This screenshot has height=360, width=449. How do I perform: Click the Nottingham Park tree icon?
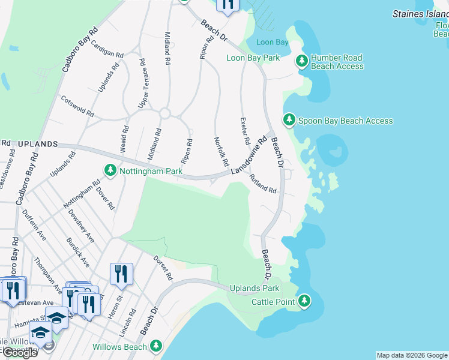(x=110, y=171)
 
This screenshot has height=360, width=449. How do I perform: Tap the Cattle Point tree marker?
(x=305, y=301)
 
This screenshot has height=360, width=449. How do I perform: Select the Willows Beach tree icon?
(x=156, y=346)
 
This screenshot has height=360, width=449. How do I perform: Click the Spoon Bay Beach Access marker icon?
(x=289, y=121)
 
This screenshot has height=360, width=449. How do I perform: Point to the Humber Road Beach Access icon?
(x=301, y=61)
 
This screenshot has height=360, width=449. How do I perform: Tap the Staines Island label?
(x=420, y=13)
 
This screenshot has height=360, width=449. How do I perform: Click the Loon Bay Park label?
(x=253, y=58)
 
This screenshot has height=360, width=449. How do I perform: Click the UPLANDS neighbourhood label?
(x=37, y=145)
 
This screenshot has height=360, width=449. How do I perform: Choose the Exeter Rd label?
(x=245, y=131)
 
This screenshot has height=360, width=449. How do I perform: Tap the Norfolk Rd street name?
(x=222, y=152)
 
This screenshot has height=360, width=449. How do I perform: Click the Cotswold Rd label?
(x=77, y=106)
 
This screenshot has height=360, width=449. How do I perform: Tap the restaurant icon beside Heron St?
(x=121, y=274)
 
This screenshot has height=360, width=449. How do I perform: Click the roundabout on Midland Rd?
(x=165, y=113)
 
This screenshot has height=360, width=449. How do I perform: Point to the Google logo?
(x=20, y=352)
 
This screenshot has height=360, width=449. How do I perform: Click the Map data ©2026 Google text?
(x=412, y=355)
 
